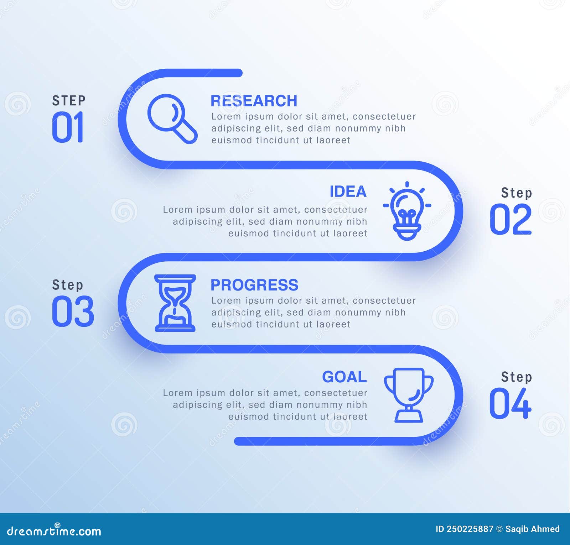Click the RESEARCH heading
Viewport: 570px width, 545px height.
pos(254,101)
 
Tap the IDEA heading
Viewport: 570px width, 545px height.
pos(348,192)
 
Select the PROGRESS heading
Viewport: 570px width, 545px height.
pos(254,285)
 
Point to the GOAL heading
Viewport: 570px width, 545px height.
pos(344,377)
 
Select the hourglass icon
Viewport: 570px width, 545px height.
pos(175,303)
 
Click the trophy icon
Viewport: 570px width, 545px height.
pos(409,394)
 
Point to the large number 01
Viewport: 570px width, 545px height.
pos(68,127)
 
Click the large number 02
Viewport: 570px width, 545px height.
pos(511,219)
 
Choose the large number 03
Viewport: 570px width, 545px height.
pos(73,311)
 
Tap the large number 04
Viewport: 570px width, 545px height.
pos(510,403)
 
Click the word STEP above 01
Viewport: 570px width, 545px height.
pos(69,101)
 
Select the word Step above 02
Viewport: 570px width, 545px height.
pos(516,193)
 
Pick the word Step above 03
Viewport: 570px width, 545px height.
pos(67,285)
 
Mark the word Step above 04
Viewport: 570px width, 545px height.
pos(516,377)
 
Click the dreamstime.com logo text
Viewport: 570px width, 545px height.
pos(54,531)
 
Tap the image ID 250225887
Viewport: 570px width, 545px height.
pos(464,529)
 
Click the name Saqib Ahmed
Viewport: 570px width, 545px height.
pos(532,529)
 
